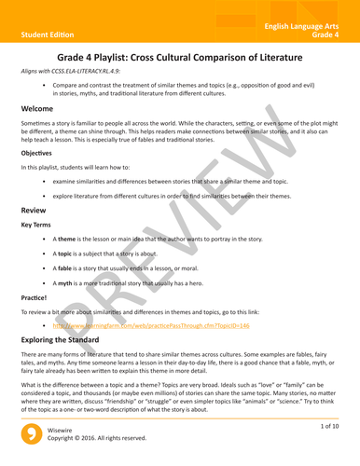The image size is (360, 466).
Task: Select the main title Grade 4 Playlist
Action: (x=180, y=58)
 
